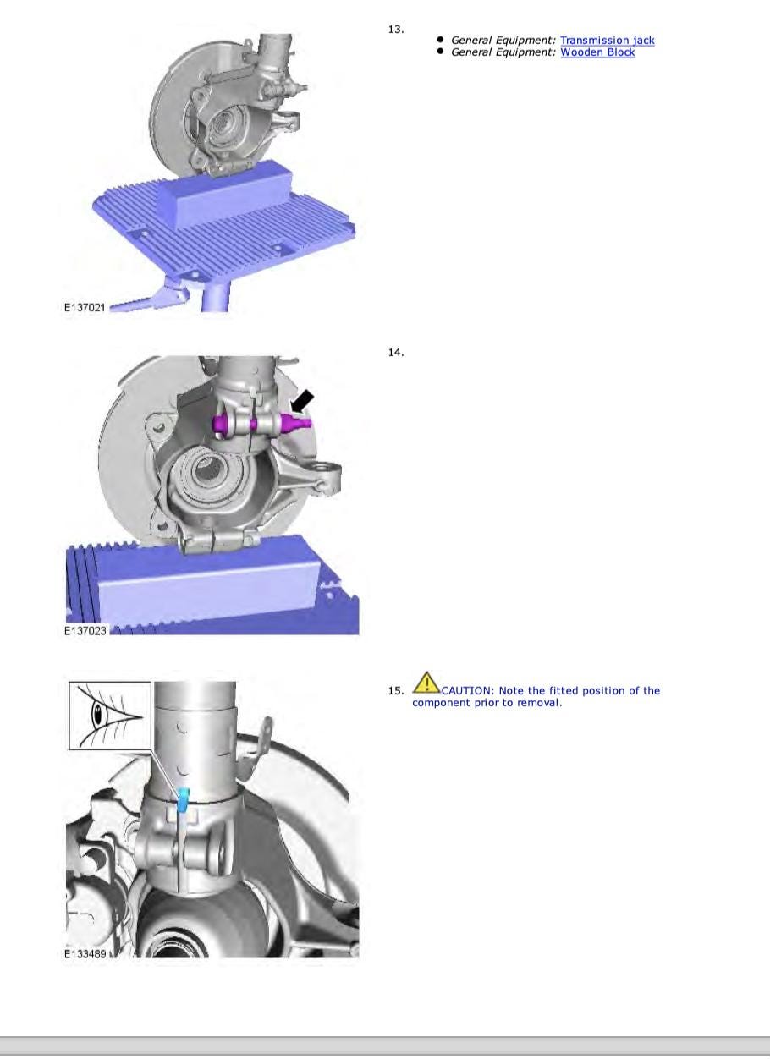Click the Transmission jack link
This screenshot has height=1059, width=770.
click(x=608, y=41)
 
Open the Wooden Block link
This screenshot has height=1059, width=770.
click(x=597, y=52)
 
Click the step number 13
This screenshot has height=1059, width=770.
click(x=396, y=30)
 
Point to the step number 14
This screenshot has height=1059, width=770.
click(x=396, y=352)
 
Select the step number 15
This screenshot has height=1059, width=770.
click(x=396, y=691)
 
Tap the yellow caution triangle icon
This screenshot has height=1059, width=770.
click(x=426, y=683)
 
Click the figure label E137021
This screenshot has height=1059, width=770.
click(x=85, y=307)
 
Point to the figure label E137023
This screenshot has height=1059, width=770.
click(x=85, y=631)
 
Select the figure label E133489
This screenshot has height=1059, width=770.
click(x=85, y=953)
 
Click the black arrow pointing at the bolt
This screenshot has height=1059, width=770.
click(x=301, y=401)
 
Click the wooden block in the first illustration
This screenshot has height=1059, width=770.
click(x=225, y=194)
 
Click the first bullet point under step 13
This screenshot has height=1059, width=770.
click(x=440, y=39)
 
